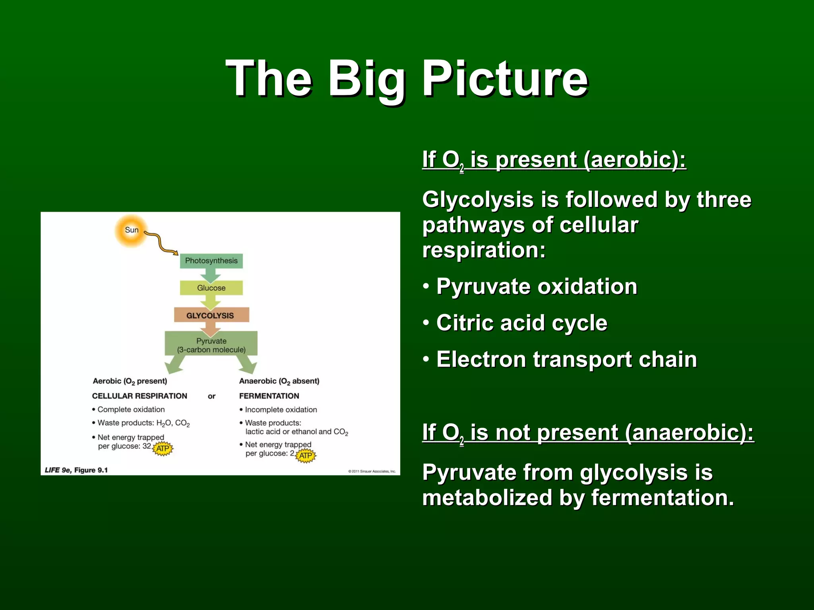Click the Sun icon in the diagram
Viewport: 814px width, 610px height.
coord(131,230)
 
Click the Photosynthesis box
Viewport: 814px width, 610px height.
coord(211,261)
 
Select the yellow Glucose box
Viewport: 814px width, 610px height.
coord(211,288)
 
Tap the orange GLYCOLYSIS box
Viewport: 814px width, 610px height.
coord(211,315)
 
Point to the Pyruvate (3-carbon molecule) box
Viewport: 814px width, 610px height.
coord(211,345)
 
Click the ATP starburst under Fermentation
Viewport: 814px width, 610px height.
coord(306,456)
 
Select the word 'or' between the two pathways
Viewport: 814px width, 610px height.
coord(211,396)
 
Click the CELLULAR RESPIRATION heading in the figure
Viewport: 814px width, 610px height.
coord(140,396)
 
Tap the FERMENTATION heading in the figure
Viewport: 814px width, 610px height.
coord(269,396)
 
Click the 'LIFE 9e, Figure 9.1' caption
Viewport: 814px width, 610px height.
coord(76,470)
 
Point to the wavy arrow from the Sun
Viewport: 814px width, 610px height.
coord(161,243)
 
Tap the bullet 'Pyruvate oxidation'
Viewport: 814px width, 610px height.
coord(537,286)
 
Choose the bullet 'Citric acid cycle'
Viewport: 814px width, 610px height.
coord(521,323)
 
